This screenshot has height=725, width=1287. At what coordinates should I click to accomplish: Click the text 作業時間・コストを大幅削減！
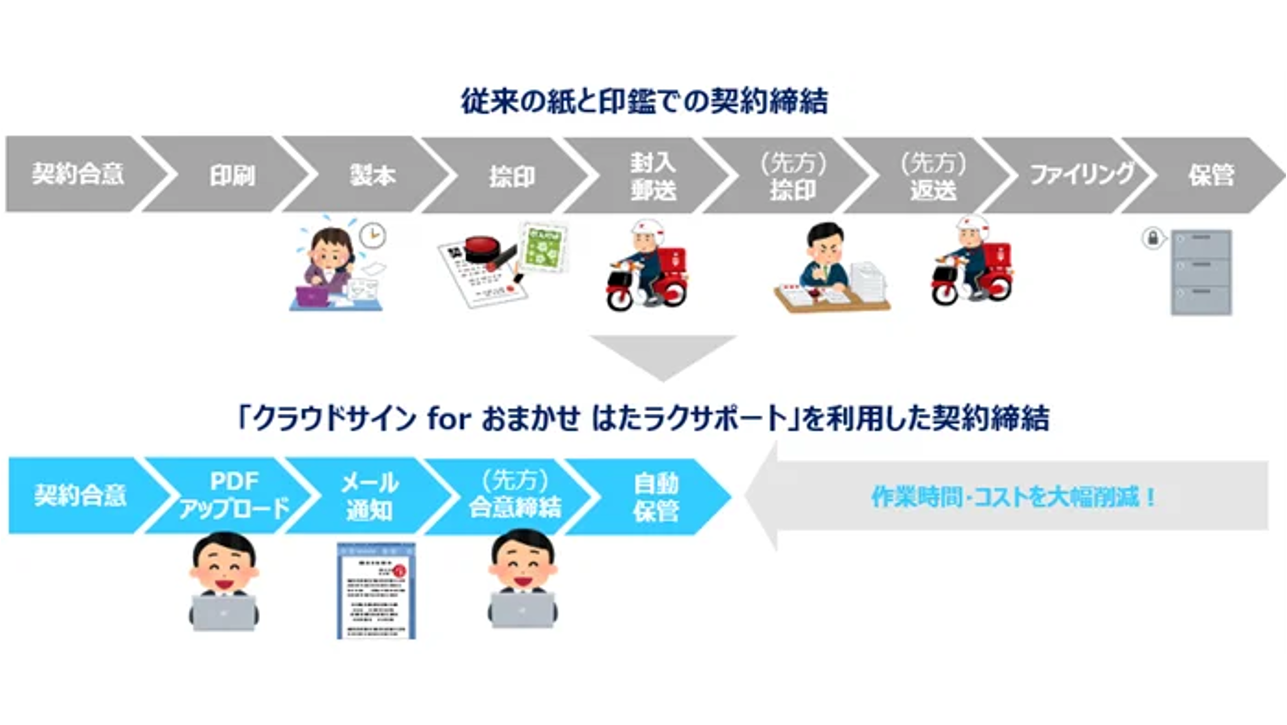click(x=1014, y=497)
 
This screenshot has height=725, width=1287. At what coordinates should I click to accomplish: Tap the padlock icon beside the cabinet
click(x=1153, y=238)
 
